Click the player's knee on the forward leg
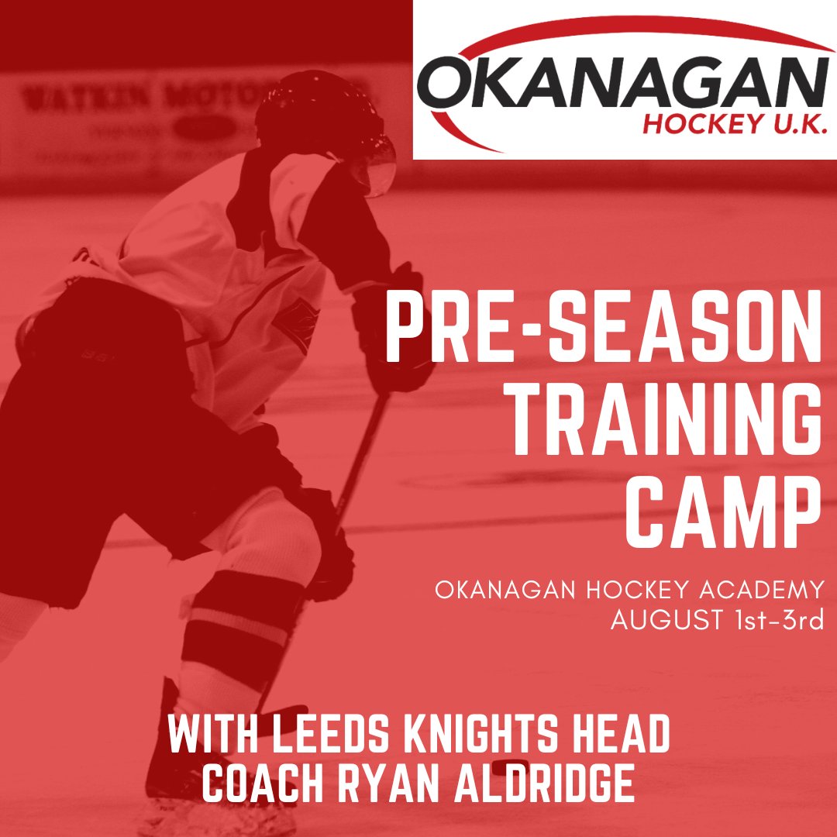pyautogui.click(x=283, y=535)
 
